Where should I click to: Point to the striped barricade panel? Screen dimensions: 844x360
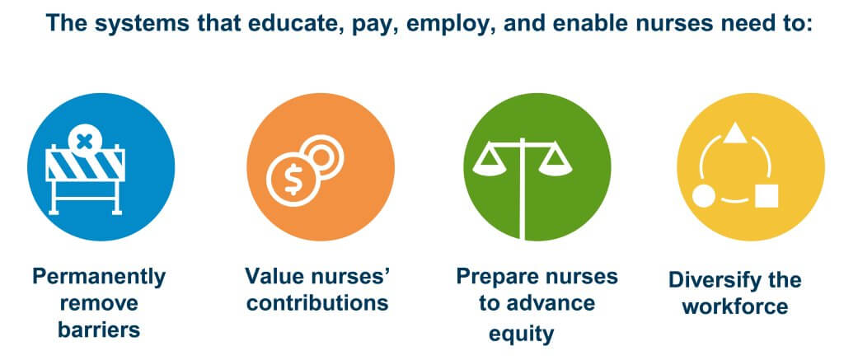[x=86, y=165]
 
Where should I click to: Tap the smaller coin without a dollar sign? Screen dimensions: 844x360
[x=323, y=156]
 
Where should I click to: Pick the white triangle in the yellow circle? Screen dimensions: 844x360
[x=734, y=133]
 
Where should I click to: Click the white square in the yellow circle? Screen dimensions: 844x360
[x=767, y=196]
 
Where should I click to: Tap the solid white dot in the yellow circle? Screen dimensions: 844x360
[x=704, y=196]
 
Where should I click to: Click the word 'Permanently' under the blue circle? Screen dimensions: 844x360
[x=99, y=277]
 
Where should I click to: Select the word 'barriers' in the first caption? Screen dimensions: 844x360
[x=99, y=330]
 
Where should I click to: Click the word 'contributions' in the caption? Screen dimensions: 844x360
[x=317, y=302]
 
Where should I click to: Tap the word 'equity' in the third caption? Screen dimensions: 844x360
[x=521, y=334]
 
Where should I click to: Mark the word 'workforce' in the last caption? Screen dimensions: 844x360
[x=734, y=306]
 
